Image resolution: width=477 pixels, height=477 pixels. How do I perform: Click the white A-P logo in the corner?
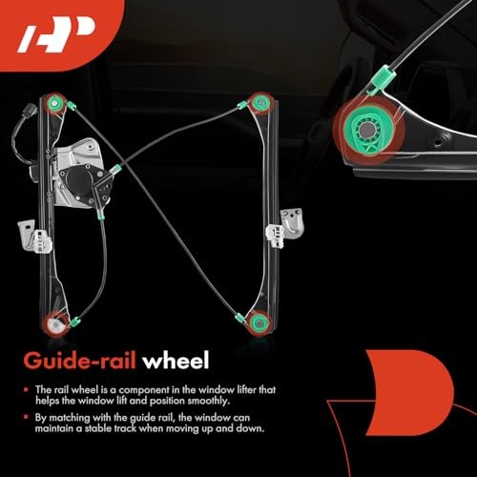pyautogui.click(x=55, y=33)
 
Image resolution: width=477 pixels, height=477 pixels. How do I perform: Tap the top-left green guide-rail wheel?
pyautogui.click(x=55, y=103)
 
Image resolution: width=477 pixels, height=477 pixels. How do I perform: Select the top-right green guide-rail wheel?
pyautogui.click(x=261, y=102)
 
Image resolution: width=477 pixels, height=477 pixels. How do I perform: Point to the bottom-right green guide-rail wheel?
pyautogui.click(x=259, y=323)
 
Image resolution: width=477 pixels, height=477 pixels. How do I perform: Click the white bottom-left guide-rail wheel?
pyautogui.click(x=54, y=324)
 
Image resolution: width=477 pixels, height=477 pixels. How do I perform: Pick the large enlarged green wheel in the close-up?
pyautogui.click(x=369, y=130)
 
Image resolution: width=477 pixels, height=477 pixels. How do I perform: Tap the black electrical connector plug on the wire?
pyautogui.click(x=31, y=110)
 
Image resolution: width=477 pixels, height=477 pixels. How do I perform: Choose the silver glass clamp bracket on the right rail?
pyautogui.click(x=284, y=227)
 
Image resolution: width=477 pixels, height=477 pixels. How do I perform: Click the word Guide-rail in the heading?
pyautogui.click(x=80, y=362)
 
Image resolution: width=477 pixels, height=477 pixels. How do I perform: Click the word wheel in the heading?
pyautogui.click(x=176, y=362)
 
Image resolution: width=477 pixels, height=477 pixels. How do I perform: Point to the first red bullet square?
pyautogui.click(x=26, y=389)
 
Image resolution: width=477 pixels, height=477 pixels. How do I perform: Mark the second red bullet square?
pyautogui.click(x=26, y=417)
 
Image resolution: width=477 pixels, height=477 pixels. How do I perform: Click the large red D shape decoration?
pyautogui.click(x=410, y=393)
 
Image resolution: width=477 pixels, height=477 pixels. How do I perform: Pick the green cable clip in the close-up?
pyautogui.click(x=382, y=79)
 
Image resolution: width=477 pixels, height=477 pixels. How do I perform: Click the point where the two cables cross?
pyautogui.click(x=121, y=162)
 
